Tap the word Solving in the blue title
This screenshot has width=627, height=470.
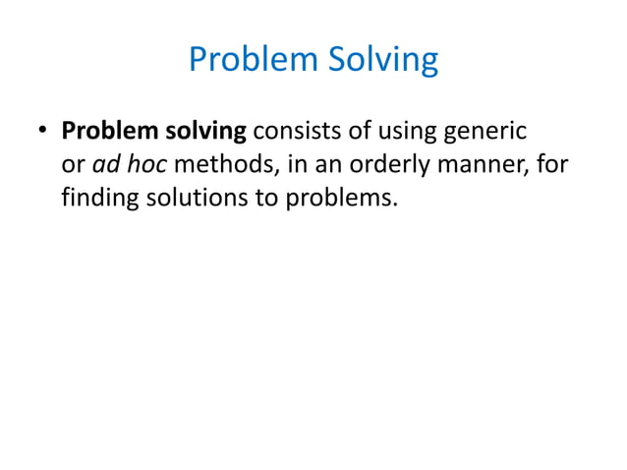click(x=378, y=60)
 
